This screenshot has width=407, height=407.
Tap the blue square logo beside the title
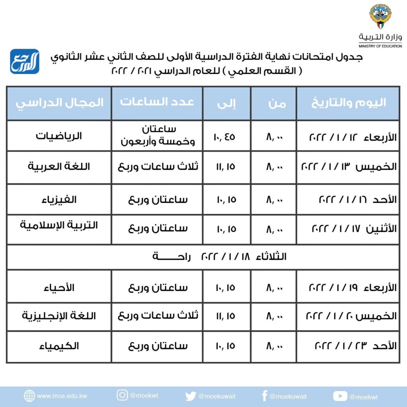pos(25,61)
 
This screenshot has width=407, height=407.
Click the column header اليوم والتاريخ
pos(348,103)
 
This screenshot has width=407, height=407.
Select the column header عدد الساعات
pos(157,102)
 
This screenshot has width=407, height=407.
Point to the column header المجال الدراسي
pos(60,103)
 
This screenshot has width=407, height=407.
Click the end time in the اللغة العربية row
pos(226,167)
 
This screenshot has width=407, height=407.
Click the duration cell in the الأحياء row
pos(157,287)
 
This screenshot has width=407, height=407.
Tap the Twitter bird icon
pos(190,396)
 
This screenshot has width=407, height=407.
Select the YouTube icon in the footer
pos(340,396)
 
